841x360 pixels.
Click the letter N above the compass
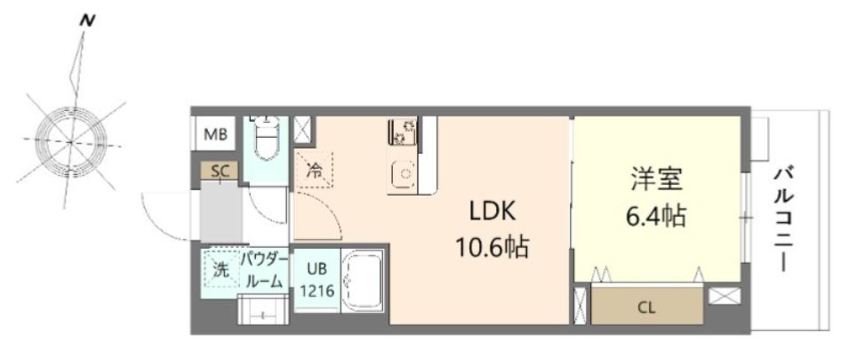tap(86, 18)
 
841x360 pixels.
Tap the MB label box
tap(215, 135)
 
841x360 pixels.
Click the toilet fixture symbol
tap(266, 138)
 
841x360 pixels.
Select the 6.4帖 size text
tap(656, 214)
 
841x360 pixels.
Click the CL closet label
tap(646, 308)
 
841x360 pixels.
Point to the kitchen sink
tap(404, 173)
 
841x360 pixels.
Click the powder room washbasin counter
tap(263, 310)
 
